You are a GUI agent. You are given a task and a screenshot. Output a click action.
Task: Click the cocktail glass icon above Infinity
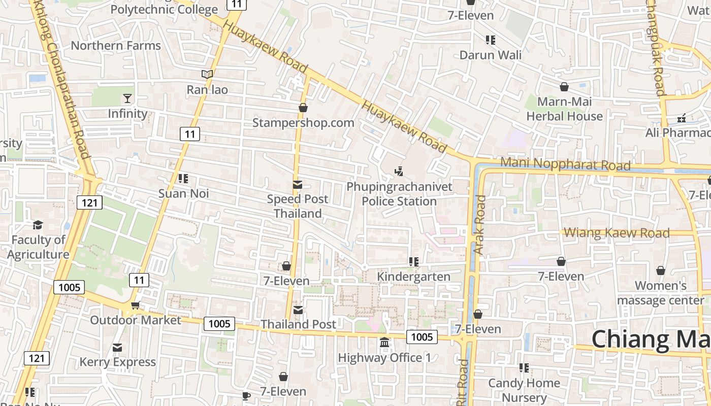click(x=127, y=98)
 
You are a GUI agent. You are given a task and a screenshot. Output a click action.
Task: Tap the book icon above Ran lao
click(x=207, y=75)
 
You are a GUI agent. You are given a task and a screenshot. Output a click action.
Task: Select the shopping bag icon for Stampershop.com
click(x=303, y=108)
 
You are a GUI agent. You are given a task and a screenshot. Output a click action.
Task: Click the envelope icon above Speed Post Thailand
click(x=298, y=185)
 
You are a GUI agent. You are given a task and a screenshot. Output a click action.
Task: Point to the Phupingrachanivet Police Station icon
click(x=399, y=172)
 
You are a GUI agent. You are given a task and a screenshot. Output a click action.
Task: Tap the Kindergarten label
click(x=413, y=277)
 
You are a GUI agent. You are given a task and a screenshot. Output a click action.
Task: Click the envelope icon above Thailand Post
click(x=298, y=310)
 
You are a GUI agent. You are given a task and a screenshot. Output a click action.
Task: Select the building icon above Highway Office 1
click(x=384, y=343)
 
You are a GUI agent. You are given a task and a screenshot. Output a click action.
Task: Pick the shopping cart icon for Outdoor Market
click(x=135, y=305)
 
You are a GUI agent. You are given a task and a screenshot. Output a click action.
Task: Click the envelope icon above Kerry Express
click(x=117, y=348)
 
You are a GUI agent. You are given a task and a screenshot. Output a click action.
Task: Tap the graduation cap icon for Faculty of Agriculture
click(x=38, y=225)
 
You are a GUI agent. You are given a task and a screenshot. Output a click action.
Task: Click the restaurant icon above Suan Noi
click(x=183, y=179)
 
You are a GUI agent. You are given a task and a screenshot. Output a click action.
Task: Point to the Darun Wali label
click(x=490, y=55)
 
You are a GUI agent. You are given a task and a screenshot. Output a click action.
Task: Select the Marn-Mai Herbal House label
click(x=564, y=109)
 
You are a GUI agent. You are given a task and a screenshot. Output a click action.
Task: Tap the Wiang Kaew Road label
click(x=617, y=233)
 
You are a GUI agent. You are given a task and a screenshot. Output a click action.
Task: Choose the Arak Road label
click(x=479, y=225)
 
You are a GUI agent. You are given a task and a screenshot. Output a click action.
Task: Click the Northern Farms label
click(x=115, y=46)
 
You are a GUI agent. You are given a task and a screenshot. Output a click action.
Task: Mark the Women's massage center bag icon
click(x=661, y=270)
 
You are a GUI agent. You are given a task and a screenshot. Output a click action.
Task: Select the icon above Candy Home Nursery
click(x=524, y=367)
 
